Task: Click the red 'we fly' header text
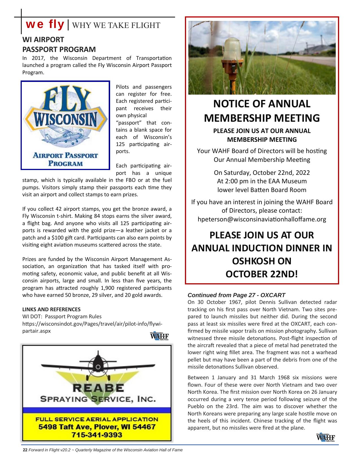[45, 25]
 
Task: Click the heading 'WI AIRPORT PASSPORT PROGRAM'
[59, 45]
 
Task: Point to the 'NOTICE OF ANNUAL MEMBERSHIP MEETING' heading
[262, 111]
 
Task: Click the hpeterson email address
[262, 219]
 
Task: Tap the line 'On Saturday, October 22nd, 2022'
[262, 173]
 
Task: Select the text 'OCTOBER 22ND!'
[262, 274]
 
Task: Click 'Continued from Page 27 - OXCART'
[236, 295]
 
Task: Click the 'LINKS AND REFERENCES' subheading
[51, 309]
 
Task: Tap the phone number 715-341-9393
[97, 435]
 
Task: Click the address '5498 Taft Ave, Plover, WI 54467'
[97, 427]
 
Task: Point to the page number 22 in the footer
[25, 450]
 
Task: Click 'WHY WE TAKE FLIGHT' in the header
[116, 25]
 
